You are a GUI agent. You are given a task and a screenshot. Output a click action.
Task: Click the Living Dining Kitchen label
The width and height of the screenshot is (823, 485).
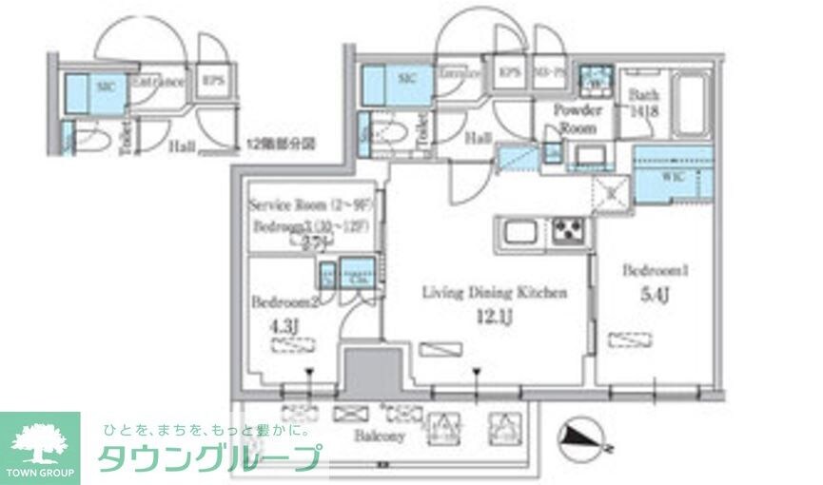pos(494,292)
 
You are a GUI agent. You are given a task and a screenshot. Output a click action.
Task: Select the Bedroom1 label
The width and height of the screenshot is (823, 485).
pos(655,271)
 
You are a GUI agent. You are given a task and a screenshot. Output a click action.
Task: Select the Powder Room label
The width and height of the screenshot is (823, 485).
pos(577,118)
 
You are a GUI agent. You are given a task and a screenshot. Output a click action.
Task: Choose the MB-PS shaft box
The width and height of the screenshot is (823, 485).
pos(548,72)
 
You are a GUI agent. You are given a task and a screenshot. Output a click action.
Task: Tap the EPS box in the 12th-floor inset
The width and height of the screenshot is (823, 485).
pos(212,80)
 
